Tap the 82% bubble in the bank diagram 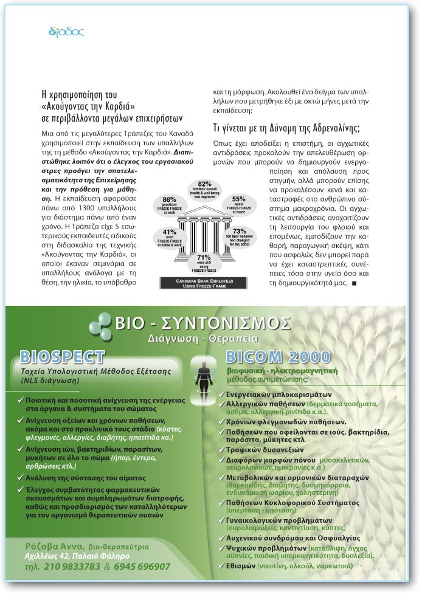(204, 189)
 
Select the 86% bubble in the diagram (169, 205)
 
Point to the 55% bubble (238, 204)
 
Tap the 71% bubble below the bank (204, 262)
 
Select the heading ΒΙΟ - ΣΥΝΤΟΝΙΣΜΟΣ (203, 323)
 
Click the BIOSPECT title (63, 356)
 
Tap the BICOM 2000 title (278, 357)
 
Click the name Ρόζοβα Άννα (52, 545)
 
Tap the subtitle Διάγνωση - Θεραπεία (202, 337)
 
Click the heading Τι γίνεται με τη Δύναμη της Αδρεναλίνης (286, 128)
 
